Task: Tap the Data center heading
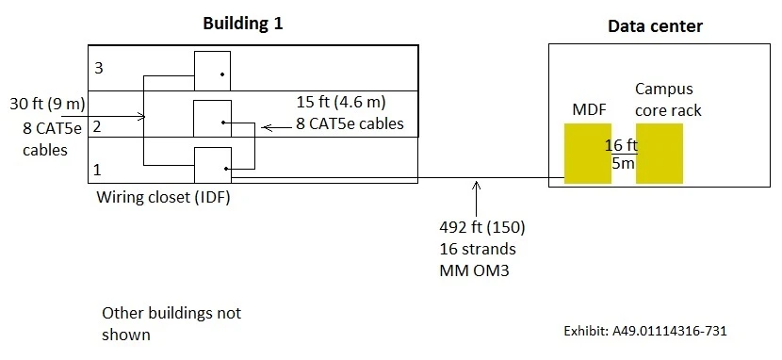pyautogui.click(x=655, y=26)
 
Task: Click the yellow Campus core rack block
pyautogui.click(x=660, y=154)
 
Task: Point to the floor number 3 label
pyautogui.click(x=97, y=69)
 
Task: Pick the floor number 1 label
pyautogui.click(x=97, y=171)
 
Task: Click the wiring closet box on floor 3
pyautogui.click(x=212, y=71)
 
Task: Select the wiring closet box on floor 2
pyautogui.click(x=212, y=118)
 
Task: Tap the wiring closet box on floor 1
pyautogui.click(x=212, y=165)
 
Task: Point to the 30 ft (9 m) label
pyautogui.click(x=38, y=102)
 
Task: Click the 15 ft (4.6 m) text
pyautogui.click(x=342, y=102)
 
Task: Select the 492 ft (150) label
pyautogui.click(x=481, y=227)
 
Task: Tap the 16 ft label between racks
pyautogui.click(x=622, y=145)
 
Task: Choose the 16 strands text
pyautogui.click(x=477, y=249)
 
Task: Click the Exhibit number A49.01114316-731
pyautogui.click(x=644, y=332)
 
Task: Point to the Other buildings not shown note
pyautogui.click(x=171, y=322)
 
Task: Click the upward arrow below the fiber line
pyautogui.click(x=478, y=199)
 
